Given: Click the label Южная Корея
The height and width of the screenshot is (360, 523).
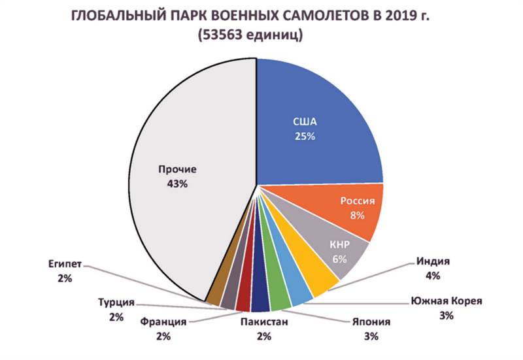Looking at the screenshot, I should pos(447,301).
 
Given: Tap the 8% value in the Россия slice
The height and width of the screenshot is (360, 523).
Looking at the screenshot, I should pos(357,215).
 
